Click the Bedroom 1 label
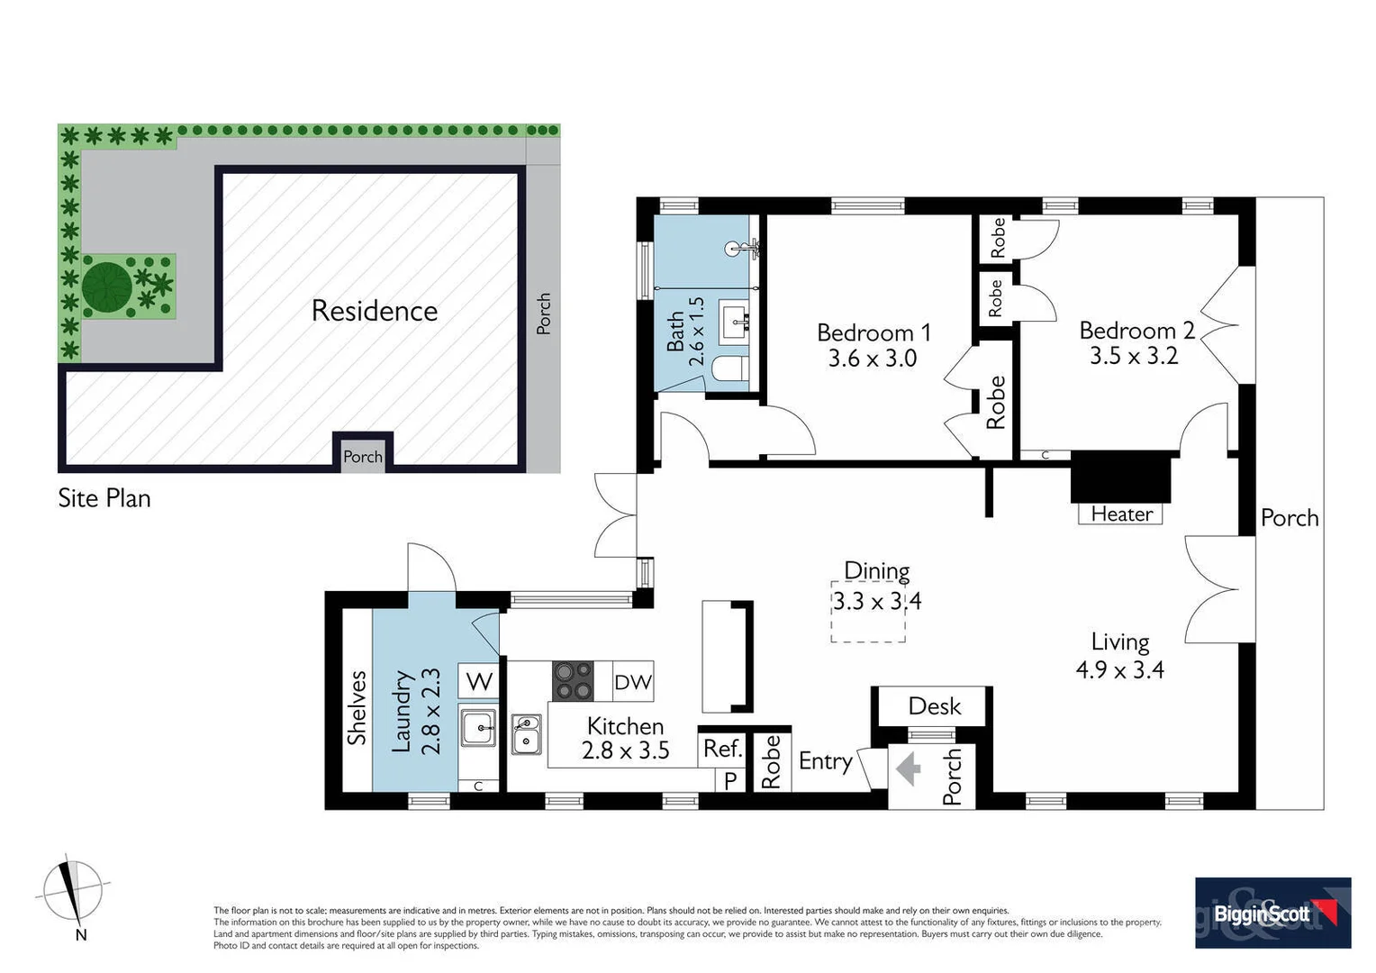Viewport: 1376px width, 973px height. coord(873,332)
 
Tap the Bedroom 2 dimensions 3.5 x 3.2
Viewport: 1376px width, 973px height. coord(1133,357)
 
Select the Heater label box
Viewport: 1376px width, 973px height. coord(1120,514)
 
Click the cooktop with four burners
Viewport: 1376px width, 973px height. coord(573,681)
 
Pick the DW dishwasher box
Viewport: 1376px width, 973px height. coord(632,682)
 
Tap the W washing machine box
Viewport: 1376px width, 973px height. coord(478,681)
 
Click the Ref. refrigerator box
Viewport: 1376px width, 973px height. coord(721,749)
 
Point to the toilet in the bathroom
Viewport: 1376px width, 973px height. coord(729,368)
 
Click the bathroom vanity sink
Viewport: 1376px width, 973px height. coord(735,322)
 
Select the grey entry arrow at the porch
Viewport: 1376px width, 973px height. coord(909,769)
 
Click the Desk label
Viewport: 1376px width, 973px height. coord(934,706)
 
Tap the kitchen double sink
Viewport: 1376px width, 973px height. coord(526,733)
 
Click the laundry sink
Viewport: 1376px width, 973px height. coord(478,728)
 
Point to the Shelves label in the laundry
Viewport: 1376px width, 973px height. coord(358,707)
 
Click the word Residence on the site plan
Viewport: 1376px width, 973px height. coord(374,311)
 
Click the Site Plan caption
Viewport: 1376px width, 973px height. coord(104,498)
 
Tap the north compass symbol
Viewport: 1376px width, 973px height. coord(72,892)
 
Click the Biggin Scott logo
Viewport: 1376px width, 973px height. coord(1272,913)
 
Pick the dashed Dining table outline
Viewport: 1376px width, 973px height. coord(867,611)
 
